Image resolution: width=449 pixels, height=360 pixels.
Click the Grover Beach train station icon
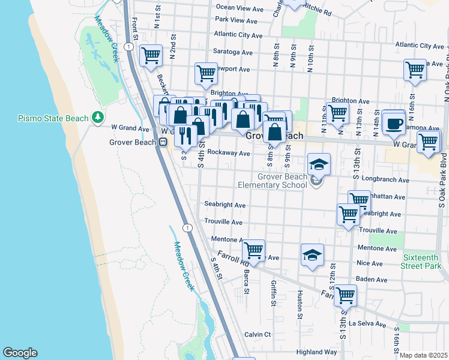click(163, 142)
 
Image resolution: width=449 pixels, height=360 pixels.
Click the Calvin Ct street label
click(258, 334)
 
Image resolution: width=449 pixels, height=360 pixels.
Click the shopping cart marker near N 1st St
click(151, 56)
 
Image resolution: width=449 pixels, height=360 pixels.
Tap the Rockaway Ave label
click(229, 154)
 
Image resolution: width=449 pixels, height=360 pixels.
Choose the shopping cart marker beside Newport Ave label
click(206, 73)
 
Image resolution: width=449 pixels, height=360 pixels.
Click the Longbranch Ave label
click(388, 179)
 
